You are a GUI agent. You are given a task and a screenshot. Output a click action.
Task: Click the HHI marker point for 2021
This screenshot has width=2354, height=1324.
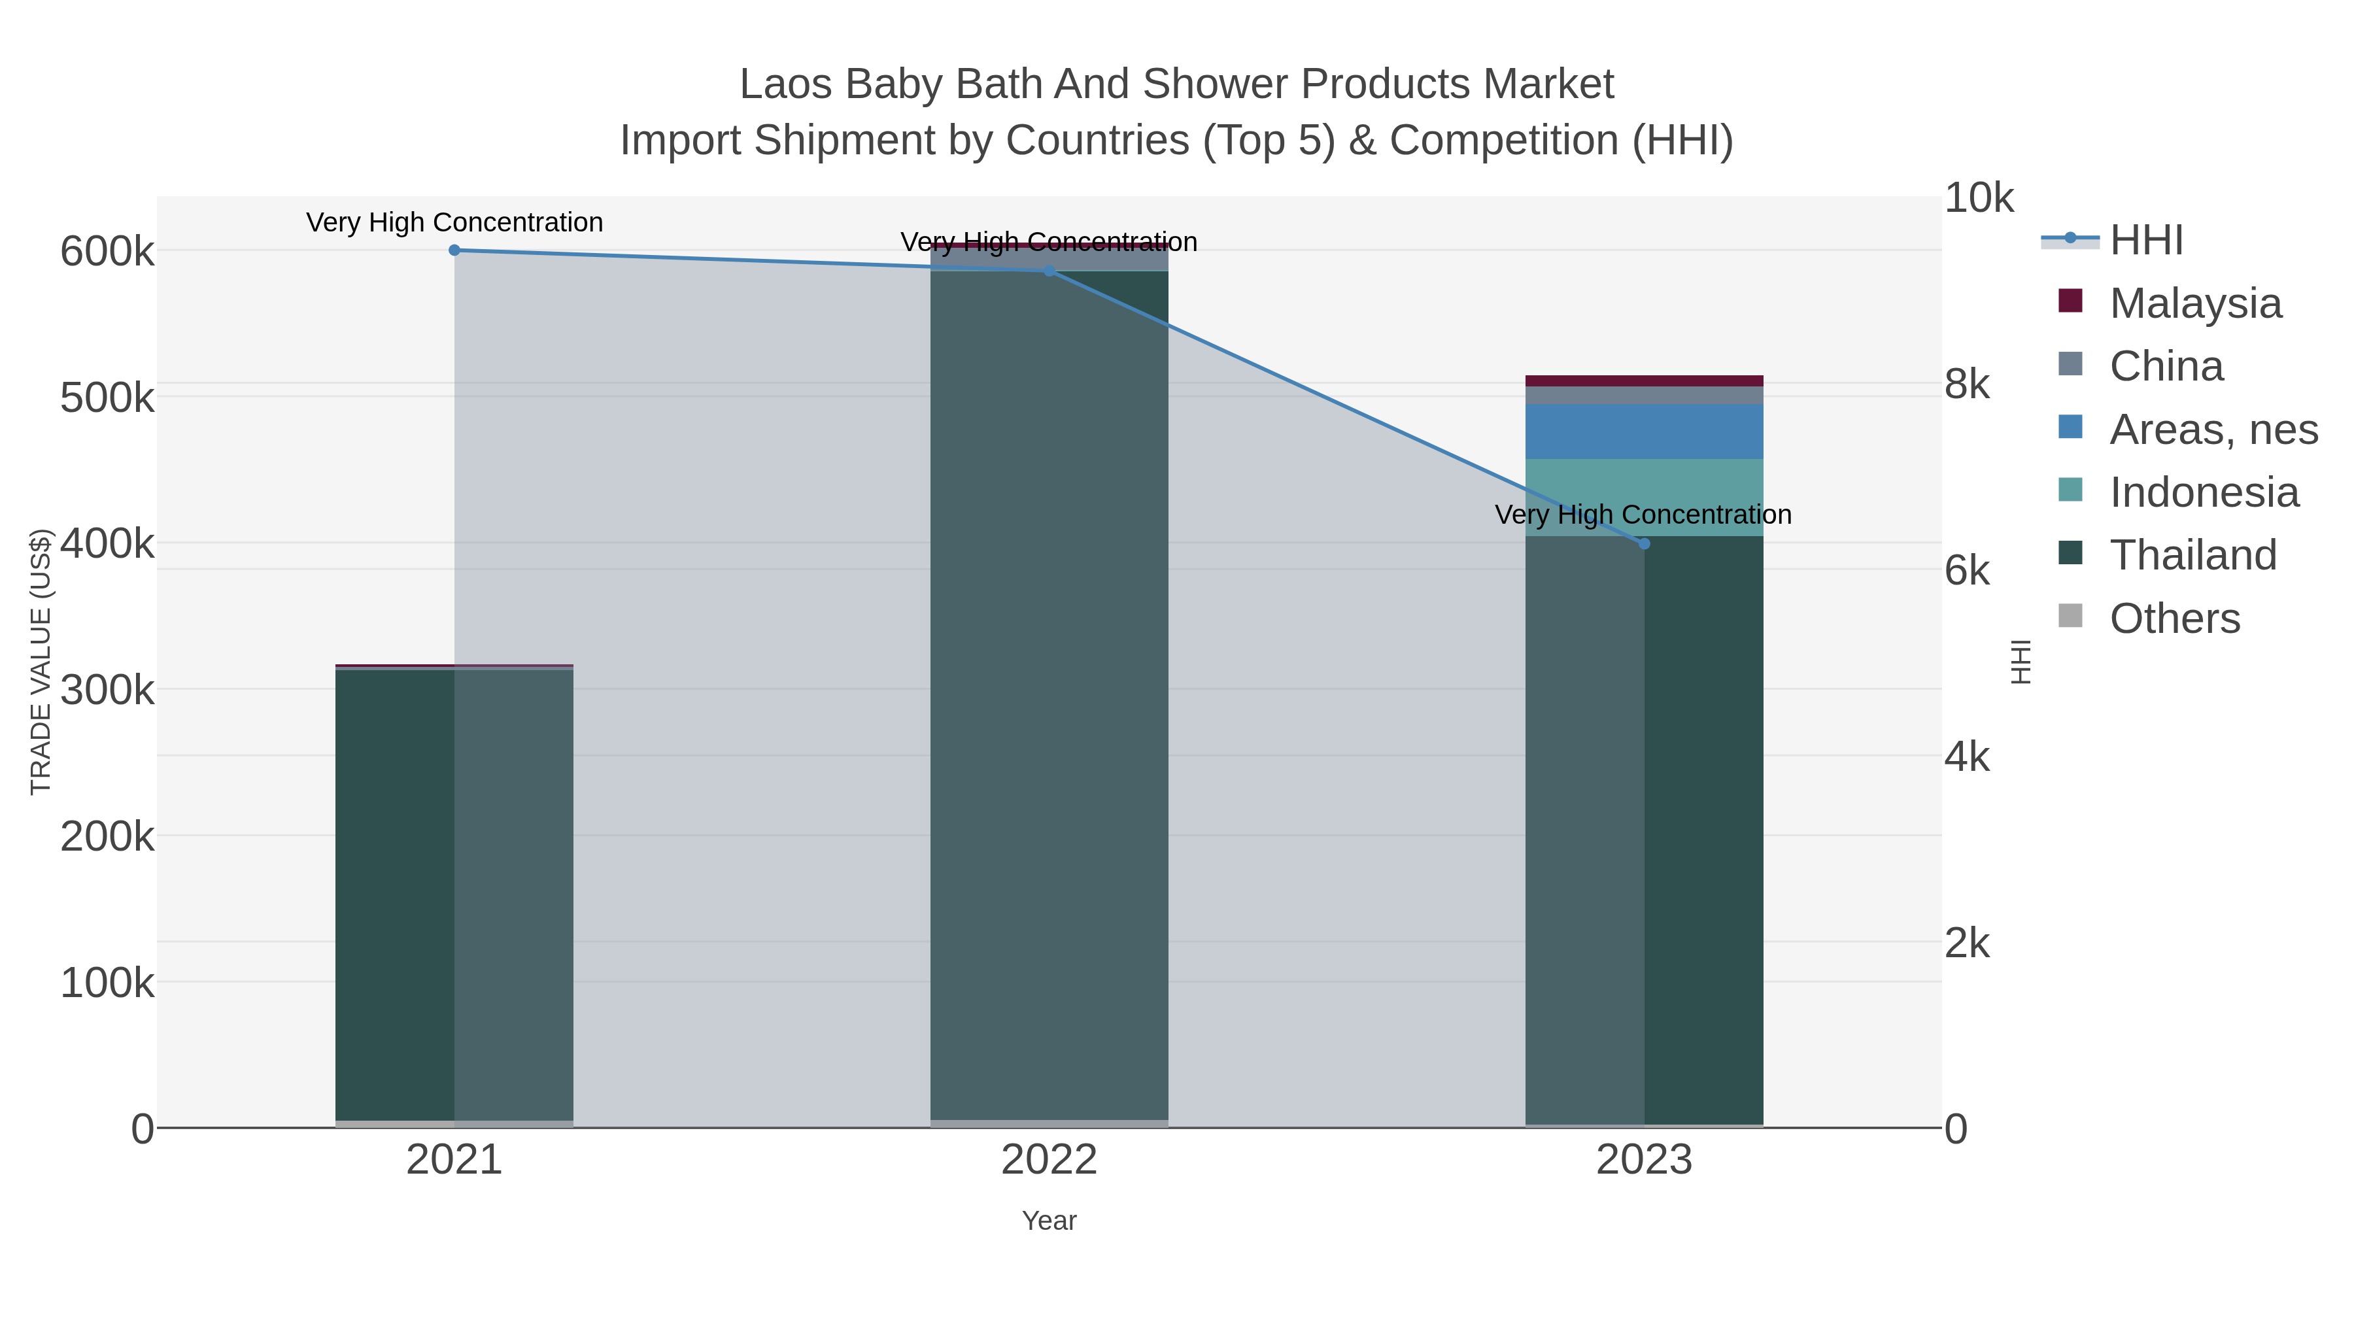pyautogui.click(x=454, y=250)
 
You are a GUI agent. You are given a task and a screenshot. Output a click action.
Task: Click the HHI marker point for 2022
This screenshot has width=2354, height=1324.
pyautogui.click(x=1049, y=271)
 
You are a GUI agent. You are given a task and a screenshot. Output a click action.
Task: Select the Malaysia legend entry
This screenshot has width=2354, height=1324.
pyautogui.click(x=2195, y=303)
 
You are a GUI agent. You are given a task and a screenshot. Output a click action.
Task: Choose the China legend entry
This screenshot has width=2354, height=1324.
pyautogui.click(x=2166, y=365)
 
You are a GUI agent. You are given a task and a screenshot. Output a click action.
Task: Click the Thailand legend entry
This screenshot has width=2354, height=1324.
pyautogui.click(x=2192, y=554)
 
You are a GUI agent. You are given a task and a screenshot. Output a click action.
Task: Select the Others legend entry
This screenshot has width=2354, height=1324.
pyautogui.click(x=2174, y=618)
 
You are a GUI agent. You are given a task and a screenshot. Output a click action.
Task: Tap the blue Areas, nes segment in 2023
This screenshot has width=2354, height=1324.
pyautogui.click(x=1644, y=432)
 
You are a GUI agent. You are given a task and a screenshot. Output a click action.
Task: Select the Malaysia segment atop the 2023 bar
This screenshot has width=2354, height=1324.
pyautogui.click(x=1644, y=380)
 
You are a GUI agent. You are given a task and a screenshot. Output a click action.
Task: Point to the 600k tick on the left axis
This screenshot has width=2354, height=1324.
pyautogui.click(x=107, y=251)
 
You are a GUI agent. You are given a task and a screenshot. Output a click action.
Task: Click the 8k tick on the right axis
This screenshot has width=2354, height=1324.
pyautogui.click(x=1966, y=384)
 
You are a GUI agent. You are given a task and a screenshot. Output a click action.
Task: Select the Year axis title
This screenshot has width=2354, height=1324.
pyautogui.click(x=1049, y=1221)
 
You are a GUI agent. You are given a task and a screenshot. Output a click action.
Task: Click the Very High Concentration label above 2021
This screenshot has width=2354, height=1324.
pyautogui.click(x=454, y=222)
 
